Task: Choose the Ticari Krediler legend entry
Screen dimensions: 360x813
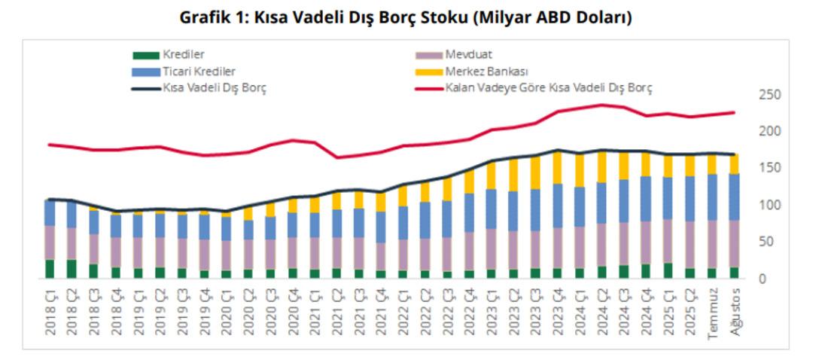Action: click(x=199, y=72)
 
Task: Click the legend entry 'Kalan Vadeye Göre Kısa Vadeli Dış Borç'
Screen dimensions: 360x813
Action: click(x=549, y=88)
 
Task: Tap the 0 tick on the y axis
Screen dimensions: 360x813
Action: click(x=763, y=279)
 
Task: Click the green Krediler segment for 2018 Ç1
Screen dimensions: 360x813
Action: click(x=50, y=269)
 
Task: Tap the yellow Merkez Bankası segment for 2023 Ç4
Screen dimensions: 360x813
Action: click(x=558, y=167)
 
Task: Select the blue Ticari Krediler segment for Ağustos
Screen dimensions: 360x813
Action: click(x=735, y=197)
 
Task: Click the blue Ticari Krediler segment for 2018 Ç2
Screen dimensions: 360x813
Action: click(x=72, y=215)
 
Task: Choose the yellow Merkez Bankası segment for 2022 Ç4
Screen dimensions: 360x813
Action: click(x=470, y=182)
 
